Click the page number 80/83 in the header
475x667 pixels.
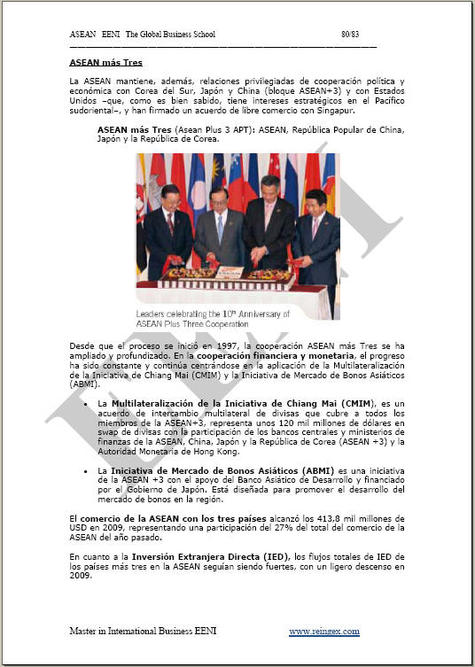point(350,34)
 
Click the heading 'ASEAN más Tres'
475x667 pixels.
point(105,63)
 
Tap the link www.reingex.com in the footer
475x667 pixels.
point(323,631)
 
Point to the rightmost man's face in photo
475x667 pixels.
point(318,201)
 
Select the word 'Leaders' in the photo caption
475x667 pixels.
point(152,314)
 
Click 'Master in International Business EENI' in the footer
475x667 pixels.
point(143,631)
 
